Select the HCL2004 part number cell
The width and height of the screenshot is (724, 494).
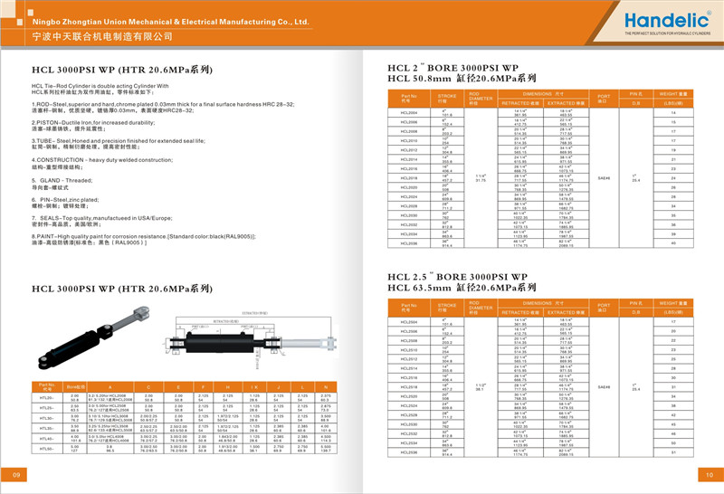click(x=409, y=111)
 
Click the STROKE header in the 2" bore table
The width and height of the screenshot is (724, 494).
click(x=447, y=97)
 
